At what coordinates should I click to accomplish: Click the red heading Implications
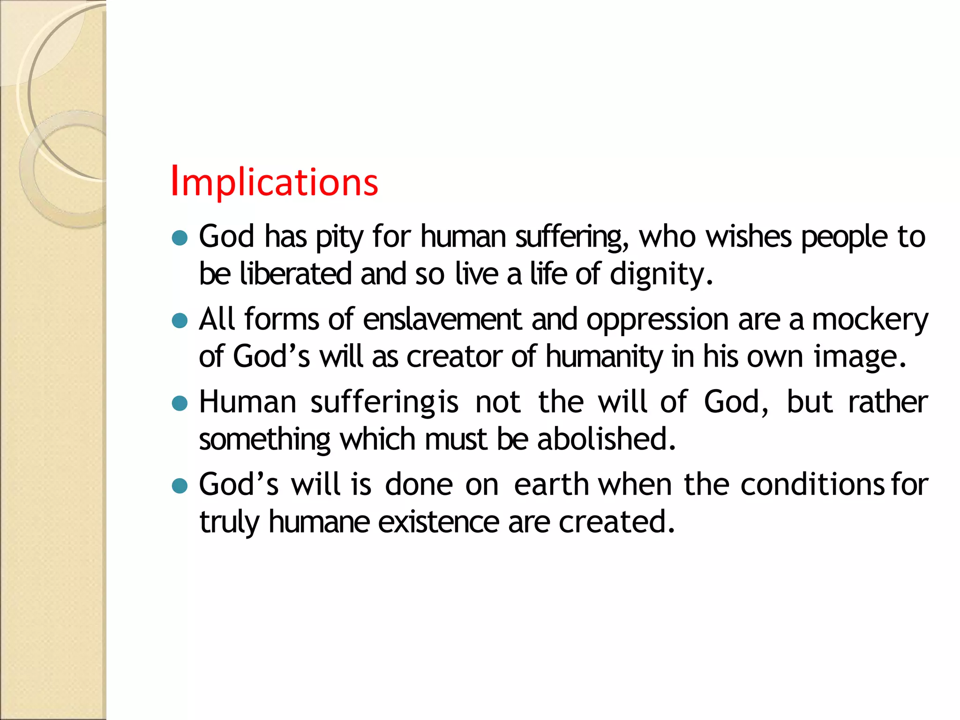274,182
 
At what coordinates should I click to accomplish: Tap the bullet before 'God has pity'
180,238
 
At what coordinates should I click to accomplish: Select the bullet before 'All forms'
180,321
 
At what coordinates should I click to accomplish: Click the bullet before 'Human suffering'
180,403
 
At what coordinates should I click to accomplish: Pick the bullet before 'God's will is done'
180,486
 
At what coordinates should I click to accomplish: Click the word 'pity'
339,237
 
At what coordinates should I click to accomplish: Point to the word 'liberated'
295,274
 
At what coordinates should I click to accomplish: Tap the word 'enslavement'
442,320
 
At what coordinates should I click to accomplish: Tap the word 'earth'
551,485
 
